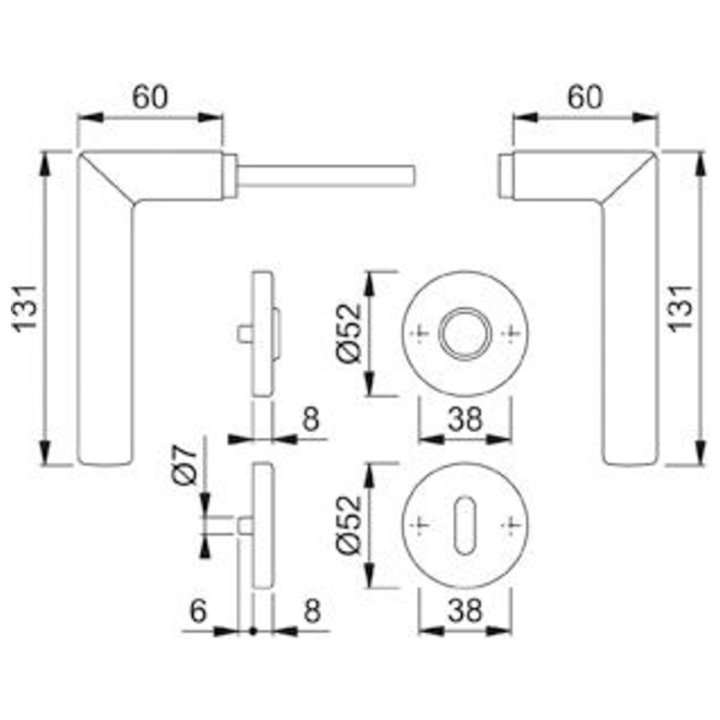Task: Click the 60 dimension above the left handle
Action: [150, 97]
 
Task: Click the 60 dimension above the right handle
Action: [585, 97]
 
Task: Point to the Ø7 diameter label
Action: [184, 464]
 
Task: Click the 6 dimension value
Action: [199, 611]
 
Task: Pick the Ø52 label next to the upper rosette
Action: [349, 332]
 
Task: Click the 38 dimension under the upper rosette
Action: [465, 419]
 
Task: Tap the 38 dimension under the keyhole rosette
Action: [465, 611]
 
